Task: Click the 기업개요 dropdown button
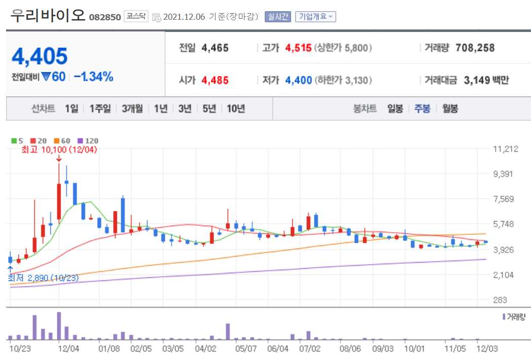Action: [x=315, y=17]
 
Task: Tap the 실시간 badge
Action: [x=277, y=17]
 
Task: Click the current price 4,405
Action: [x=40, y=56]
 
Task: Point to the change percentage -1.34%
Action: [x=93, y=77]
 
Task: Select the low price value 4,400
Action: [x=299, y=80]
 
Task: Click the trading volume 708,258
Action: [x=475, y=48]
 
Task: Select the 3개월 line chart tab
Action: [x=132, y=109]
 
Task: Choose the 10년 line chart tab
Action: [x=236, y=109]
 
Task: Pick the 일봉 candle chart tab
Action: [x=395, y=109]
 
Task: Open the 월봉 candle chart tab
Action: [x=450, y=109]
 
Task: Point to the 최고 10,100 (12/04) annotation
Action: [x=59, y=150]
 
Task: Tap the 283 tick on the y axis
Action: [x=500, y=300]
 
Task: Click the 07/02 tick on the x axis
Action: [x=310, y=349]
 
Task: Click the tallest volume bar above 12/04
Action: [x=59, y=326]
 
